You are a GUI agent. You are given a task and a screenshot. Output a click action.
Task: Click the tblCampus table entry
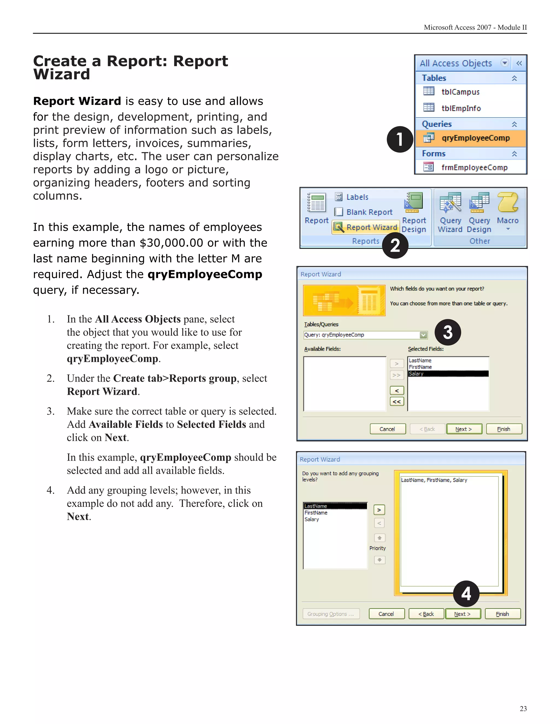460,92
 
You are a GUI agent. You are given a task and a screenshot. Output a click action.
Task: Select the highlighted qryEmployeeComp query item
475,138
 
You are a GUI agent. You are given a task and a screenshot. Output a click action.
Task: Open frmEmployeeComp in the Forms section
474,167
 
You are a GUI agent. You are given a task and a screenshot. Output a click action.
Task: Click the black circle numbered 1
400,139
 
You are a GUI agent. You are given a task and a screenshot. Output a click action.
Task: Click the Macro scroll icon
507,202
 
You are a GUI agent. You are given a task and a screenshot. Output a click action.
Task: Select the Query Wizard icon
450,202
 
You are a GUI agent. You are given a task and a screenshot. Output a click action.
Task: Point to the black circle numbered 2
395,246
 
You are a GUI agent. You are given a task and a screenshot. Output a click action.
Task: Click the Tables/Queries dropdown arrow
423,335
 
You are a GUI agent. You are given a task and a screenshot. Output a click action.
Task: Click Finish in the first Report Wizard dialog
504,429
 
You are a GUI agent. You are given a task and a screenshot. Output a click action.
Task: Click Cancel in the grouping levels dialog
386,614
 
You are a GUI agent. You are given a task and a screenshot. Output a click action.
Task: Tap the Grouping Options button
330,614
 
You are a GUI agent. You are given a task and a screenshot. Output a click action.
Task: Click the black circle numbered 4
466,594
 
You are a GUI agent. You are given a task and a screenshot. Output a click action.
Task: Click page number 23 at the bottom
523,708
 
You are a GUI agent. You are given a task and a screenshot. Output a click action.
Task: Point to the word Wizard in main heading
62,74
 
